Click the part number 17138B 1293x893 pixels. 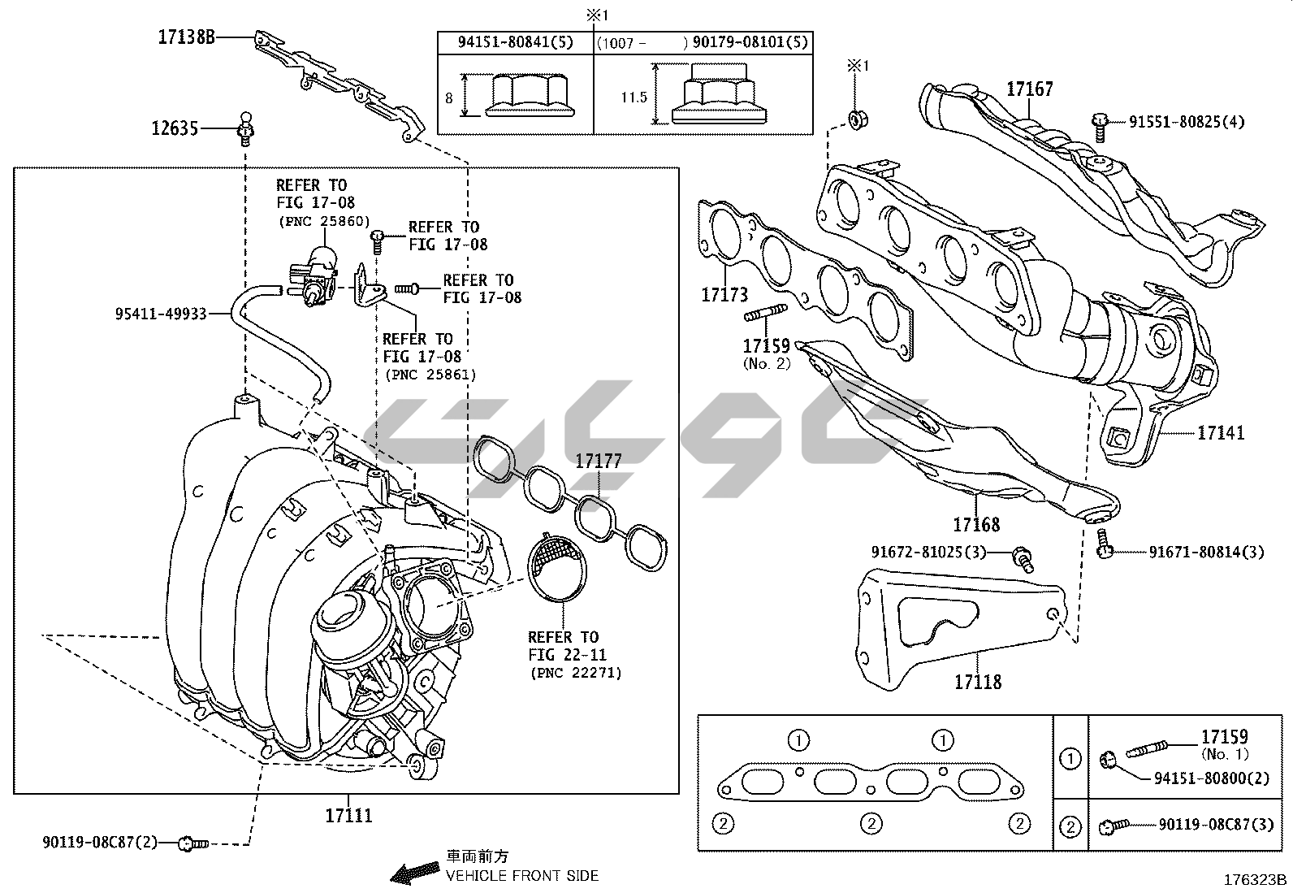187,37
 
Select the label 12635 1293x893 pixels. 175,128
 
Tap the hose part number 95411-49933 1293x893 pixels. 161,314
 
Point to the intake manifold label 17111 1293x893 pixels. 348,815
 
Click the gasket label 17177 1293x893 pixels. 599,461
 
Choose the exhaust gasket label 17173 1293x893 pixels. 724,295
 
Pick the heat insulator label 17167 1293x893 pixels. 1030,89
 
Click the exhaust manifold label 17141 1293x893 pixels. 1221,432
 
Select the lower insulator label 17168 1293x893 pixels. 976,524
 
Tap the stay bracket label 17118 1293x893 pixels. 978,682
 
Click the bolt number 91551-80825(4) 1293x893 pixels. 1187,122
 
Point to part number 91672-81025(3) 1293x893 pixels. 929,553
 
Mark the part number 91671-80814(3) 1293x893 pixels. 1206,553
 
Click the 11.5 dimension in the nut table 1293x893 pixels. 634,97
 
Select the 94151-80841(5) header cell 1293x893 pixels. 516,42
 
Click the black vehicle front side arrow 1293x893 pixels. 414,872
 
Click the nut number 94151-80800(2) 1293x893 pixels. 1212,778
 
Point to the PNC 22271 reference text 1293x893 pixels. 576,673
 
